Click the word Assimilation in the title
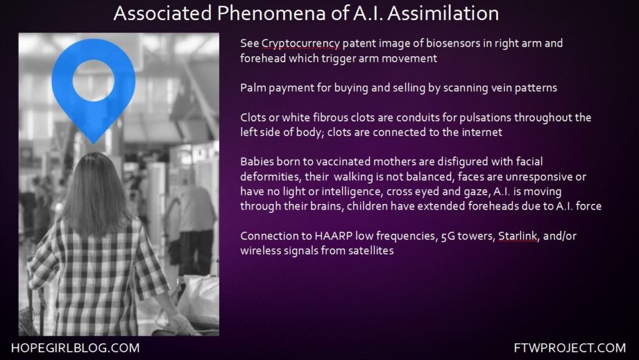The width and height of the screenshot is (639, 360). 443,13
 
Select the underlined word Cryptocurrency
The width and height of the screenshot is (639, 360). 300,44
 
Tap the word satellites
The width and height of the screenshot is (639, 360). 371,250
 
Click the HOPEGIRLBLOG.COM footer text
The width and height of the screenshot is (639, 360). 76,348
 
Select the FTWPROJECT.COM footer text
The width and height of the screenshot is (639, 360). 570,348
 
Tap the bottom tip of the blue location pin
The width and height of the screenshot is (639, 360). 94,144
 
